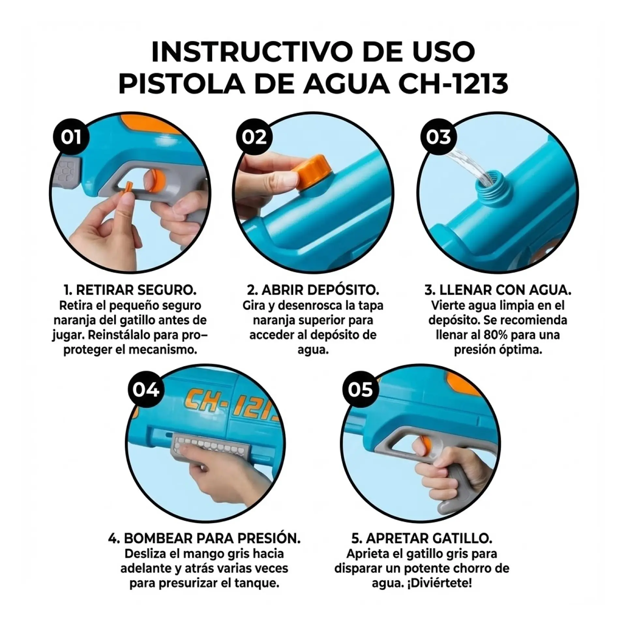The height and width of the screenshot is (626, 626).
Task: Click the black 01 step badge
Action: point(71,137)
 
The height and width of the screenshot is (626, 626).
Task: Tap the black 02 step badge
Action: point(254,137)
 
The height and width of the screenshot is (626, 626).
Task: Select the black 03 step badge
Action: point(439,137)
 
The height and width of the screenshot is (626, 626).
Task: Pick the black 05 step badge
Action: point(360,390)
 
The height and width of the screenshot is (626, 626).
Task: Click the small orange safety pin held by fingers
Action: point(128,191)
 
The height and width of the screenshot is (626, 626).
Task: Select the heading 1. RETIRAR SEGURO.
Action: point(130,290)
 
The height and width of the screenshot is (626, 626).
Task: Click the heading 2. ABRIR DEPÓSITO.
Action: point(313,290)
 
